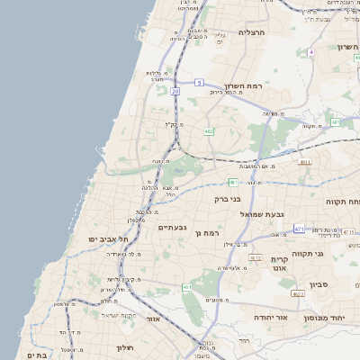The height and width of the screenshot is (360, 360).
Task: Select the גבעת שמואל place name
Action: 261,214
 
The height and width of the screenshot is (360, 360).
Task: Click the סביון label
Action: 319,285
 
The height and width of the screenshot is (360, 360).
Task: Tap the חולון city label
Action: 124,346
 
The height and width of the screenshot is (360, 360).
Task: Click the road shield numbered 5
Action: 198,83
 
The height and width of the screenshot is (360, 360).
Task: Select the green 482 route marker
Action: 209,131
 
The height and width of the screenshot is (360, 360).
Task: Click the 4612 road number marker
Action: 256,257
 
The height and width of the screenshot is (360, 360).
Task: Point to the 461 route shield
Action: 187,287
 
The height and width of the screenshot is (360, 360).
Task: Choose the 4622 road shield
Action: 297,293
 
